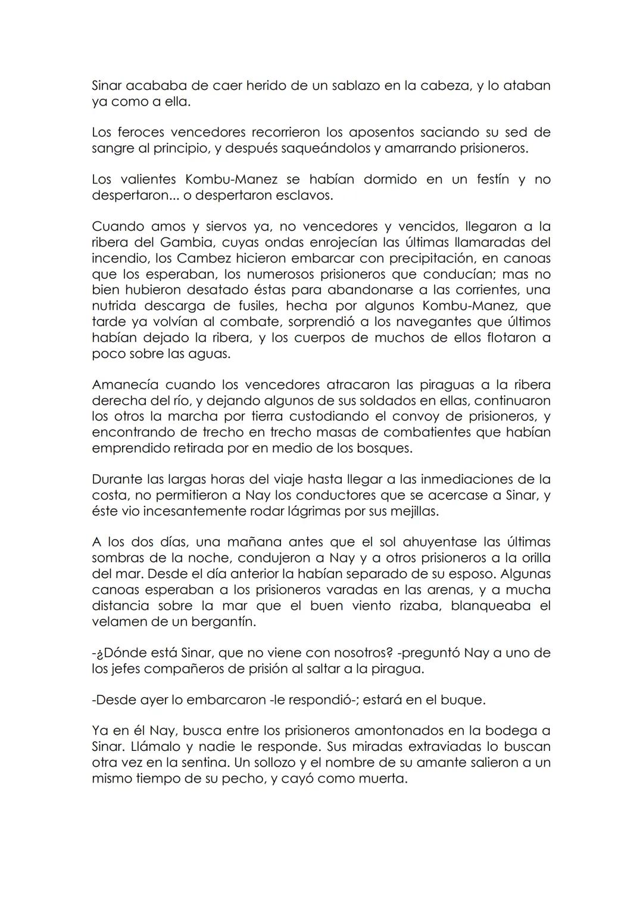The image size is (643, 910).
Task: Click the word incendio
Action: [121, 259]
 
